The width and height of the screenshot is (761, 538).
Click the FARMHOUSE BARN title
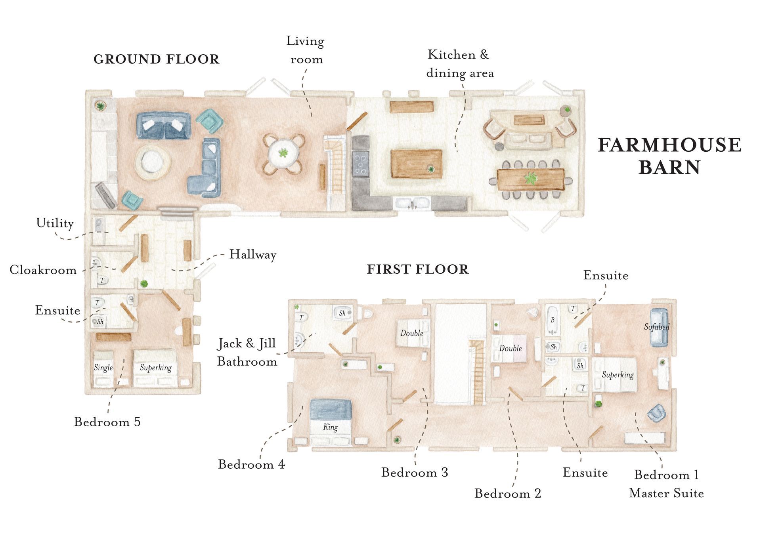pyautogui.click(x=669, y=156)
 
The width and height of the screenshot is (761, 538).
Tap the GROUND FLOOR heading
pyautogui.click(x=156, y=59)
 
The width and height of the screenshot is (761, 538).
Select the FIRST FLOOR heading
pyautogui.click(x=418, y=269)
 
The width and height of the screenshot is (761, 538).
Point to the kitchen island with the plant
pyautogui.click(x=416, y=164)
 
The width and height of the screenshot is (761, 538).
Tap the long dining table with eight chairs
pyautogui.click(x=531, y=179)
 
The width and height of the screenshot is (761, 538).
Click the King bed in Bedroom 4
pyautogui.click(x=331, y=422)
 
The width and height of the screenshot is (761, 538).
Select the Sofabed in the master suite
pyautogui.click(x=659, y=327)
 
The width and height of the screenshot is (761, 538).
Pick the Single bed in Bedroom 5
pyautogui.click(x=103, y=368)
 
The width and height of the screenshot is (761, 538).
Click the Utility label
pyautogui.click(x=55, y=223)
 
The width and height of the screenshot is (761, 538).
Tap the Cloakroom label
pyautogui.click(x=43, y=270)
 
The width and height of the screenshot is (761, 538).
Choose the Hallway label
pyautogui.click(x=253, y=255)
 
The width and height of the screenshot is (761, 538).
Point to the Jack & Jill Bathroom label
pyautogui.click(x=247, y=352)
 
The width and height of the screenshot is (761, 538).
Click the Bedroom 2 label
pyautogui.click(x=508, y=494)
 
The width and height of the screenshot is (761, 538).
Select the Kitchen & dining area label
pyautogui.click(x=460, y=64)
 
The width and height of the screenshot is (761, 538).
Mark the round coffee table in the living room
pyautogui.click(x=153, y=162)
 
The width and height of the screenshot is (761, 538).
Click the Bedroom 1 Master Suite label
pyautogui.click(x=666, y=484)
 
